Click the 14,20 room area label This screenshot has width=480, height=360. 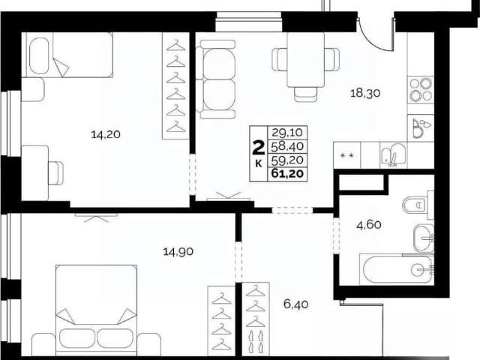point(106,134)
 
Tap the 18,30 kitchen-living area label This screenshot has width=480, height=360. point(365,93)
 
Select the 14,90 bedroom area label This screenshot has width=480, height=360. point(178,252)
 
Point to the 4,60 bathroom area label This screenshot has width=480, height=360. point(369,225)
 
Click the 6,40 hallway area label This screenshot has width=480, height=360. point(295,304)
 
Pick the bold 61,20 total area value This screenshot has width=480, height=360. point(287,174)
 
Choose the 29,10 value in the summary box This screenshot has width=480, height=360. point(287,133)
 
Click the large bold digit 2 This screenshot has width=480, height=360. point(258,148)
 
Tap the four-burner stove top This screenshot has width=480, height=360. point(421,90)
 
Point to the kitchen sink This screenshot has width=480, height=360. point(393,155)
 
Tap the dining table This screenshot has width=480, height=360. point(306,60)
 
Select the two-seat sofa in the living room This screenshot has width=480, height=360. point(217,79)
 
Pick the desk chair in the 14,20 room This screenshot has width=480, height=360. point(55,173)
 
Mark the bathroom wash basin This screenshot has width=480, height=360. point(423,238)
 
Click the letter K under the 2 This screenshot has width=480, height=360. point(258,164)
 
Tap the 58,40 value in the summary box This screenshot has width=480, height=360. point(287,146)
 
